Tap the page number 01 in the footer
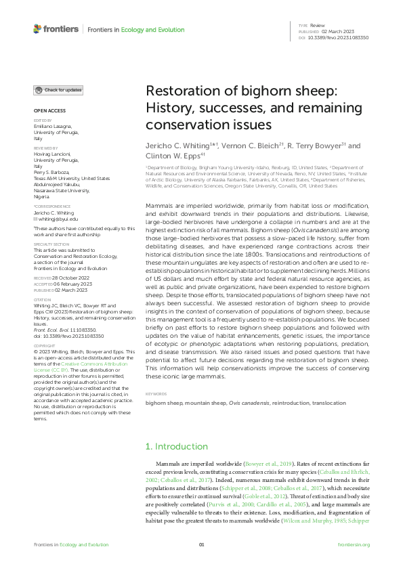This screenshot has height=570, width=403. pyautogui.click(x=201, y=545)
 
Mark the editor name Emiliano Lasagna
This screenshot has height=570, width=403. pyautogui.click(x=51, y=126)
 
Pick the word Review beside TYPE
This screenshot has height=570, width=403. pyautogui.click(x=317, y=24)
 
